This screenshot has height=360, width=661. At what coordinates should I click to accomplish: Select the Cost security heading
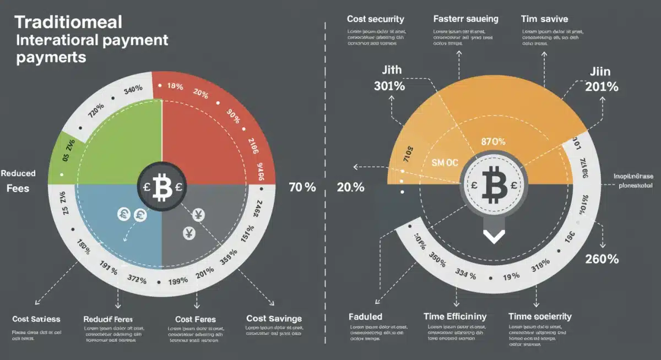[x=375, y=19]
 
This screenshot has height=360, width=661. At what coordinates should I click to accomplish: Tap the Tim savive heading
[x=544, y=19]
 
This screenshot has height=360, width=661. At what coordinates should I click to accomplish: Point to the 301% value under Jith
[x=389, y=86]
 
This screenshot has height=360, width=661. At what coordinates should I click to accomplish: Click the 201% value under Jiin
[x=602, y=86]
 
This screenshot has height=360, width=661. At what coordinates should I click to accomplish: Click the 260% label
[x=602, y=259]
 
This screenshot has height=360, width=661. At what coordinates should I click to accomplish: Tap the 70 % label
[x=302, y=187]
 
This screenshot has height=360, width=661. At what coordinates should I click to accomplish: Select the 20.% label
[x=350, y=187]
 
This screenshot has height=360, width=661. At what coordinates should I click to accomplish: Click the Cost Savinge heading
[x=274, y=319]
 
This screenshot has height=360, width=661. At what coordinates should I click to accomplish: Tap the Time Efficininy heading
[x=454, y=317]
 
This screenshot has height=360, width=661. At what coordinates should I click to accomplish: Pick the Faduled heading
[x=366, y=317]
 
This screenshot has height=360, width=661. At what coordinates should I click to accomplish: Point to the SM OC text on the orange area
[x=444, y=163]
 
